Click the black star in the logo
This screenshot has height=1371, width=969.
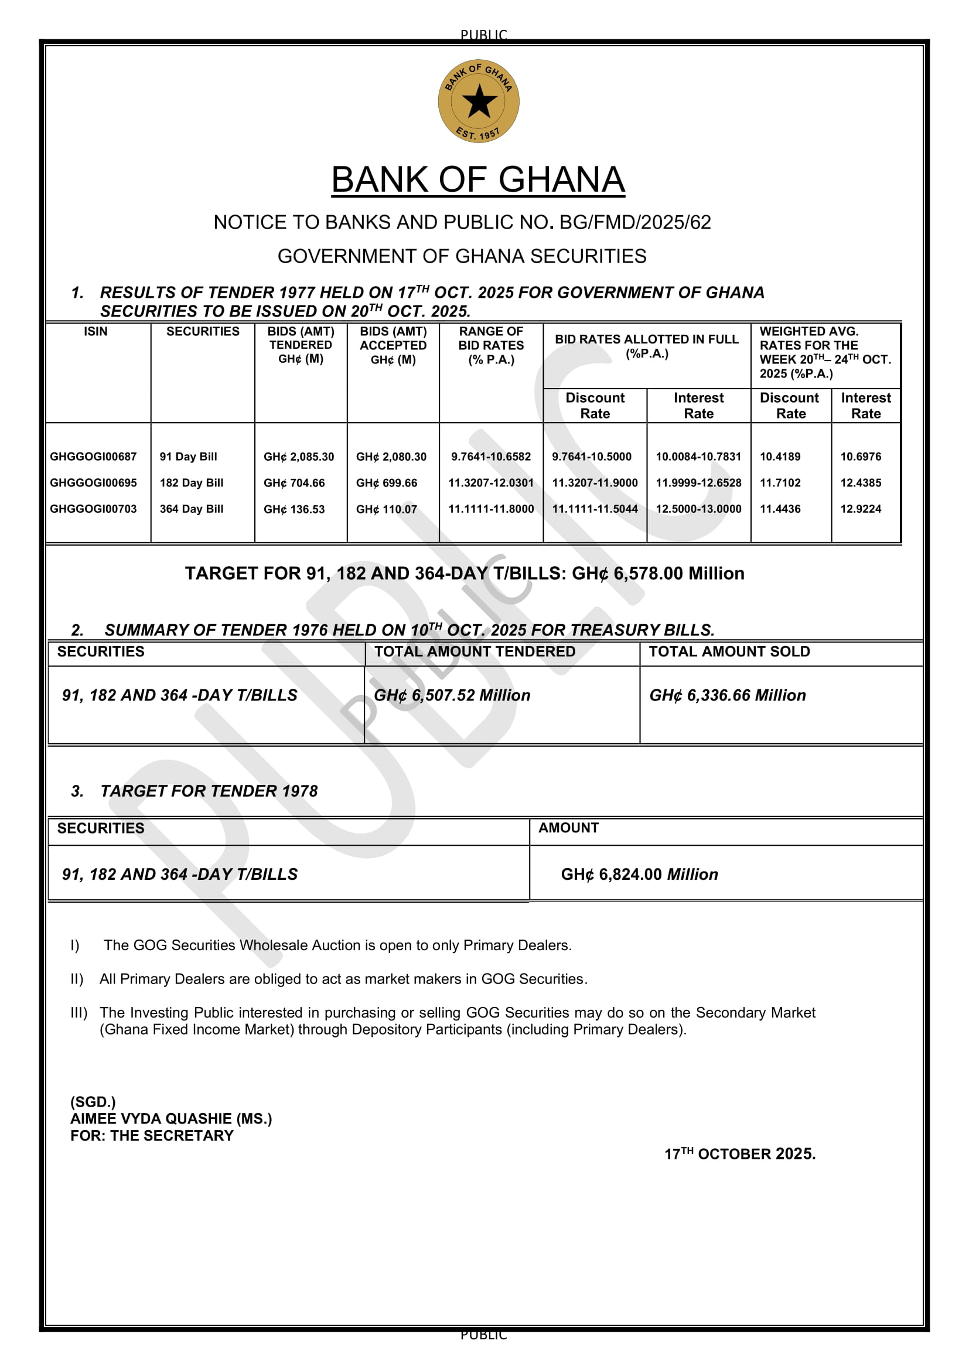479,101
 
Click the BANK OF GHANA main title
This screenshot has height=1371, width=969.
478,180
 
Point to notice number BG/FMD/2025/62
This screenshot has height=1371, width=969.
635,223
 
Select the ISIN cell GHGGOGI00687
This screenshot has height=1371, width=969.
93,457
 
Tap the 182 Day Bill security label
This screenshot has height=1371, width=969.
192,483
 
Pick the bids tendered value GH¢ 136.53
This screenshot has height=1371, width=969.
294,509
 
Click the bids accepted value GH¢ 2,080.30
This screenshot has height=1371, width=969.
391,457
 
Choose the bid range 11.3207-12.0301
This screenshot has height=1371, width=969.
490,483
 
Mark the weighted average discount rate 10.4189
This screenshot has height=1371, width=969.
780,457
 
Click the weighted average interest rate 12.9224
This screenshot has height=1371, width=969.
861,509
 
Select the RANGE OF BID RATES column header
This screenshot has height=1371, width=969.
490,346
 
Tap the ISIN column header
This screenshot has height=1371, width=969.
95,332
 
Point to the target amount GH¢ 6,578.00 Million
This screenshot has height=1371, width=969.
657,574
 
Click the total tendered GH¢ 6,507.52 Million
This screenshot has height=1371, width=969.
452,696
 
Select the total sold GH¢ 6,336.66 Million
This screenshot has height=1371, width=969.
728,696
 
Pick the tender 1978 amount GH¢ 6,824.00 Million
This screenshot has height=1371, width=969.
639,875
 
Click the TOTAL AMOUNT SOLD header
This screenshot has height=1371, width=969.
729,652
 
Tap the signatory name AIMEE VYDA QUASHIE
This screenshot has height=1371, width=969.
170,1119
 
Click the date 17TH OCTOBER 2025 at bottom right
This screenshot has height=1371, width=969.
740,1154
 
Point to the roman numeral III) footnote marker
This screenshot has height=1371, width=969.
79,1013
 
